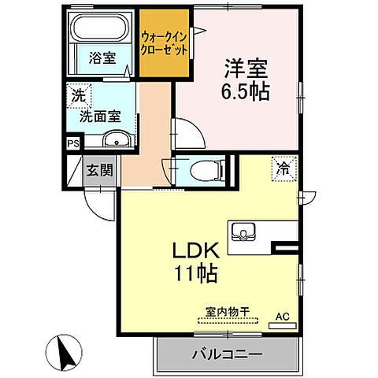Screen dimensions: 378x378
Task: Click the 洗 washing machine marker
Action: [x=78, y=96]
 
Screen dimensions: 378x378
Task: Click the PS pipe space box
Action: [x=72, y=143]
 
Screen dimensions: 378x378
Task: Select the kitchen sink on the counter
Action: [x=243, y=232]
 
